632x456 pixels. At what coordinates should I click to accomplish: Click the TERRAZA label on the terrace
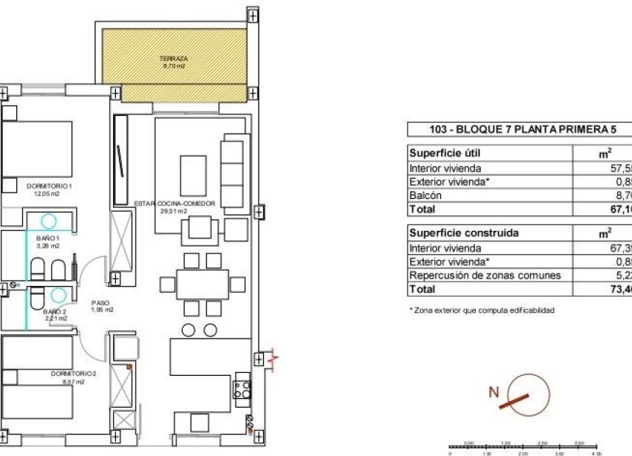[x=172, y=58]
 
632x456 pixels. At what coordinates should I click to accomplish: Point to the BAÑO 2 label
[x=54, y=312]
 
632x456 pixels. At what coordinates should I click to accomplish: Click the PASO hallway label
[x=101, y=303]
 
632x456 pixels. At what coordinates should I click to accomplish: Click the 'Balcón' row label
[x=425, y=195]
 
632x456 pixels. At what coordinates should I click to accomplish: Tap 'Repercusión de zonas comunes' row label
[x=484, y=276]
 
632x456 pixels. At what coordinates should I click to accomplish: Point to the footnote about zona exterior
[x=481, y=310]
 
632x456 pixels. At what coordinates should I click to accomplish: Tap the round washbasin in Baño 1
[x=48, y=221]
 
